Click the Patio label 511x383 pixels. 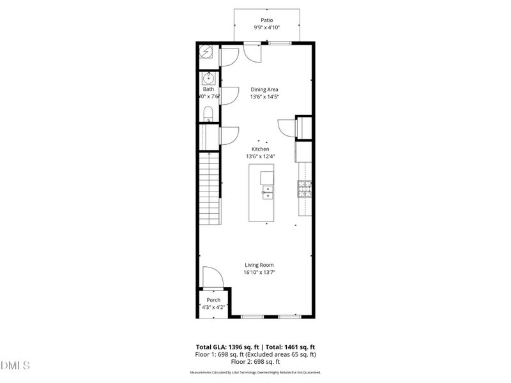tap(266, 20)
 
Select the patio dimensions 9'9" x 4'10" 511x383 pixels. tap(266, 28)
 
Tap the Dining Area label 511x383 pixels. tap(264, 89)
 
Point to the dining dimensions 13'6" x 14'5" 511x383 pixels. tap(264, 96)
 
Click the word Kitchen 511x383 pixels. tap(260, 149)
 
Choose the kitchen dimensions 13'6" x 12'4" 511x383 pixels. tap(260, 156)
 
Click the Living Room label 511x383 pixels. tap(259, 265)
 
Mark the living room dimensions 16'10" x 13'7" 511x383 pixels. tap(259, 272)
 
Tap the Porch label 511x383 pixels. tap(213, 300)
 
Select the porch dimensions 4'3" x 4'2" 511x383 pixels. tap(213, 307)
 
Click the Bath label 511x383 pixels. tap(208, 89)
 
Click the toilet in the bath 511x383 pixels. tap(208, 115)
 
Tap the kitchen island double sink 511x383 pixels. tap(268, 192)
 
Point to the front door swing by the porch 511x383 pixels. tap(213, 277)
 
